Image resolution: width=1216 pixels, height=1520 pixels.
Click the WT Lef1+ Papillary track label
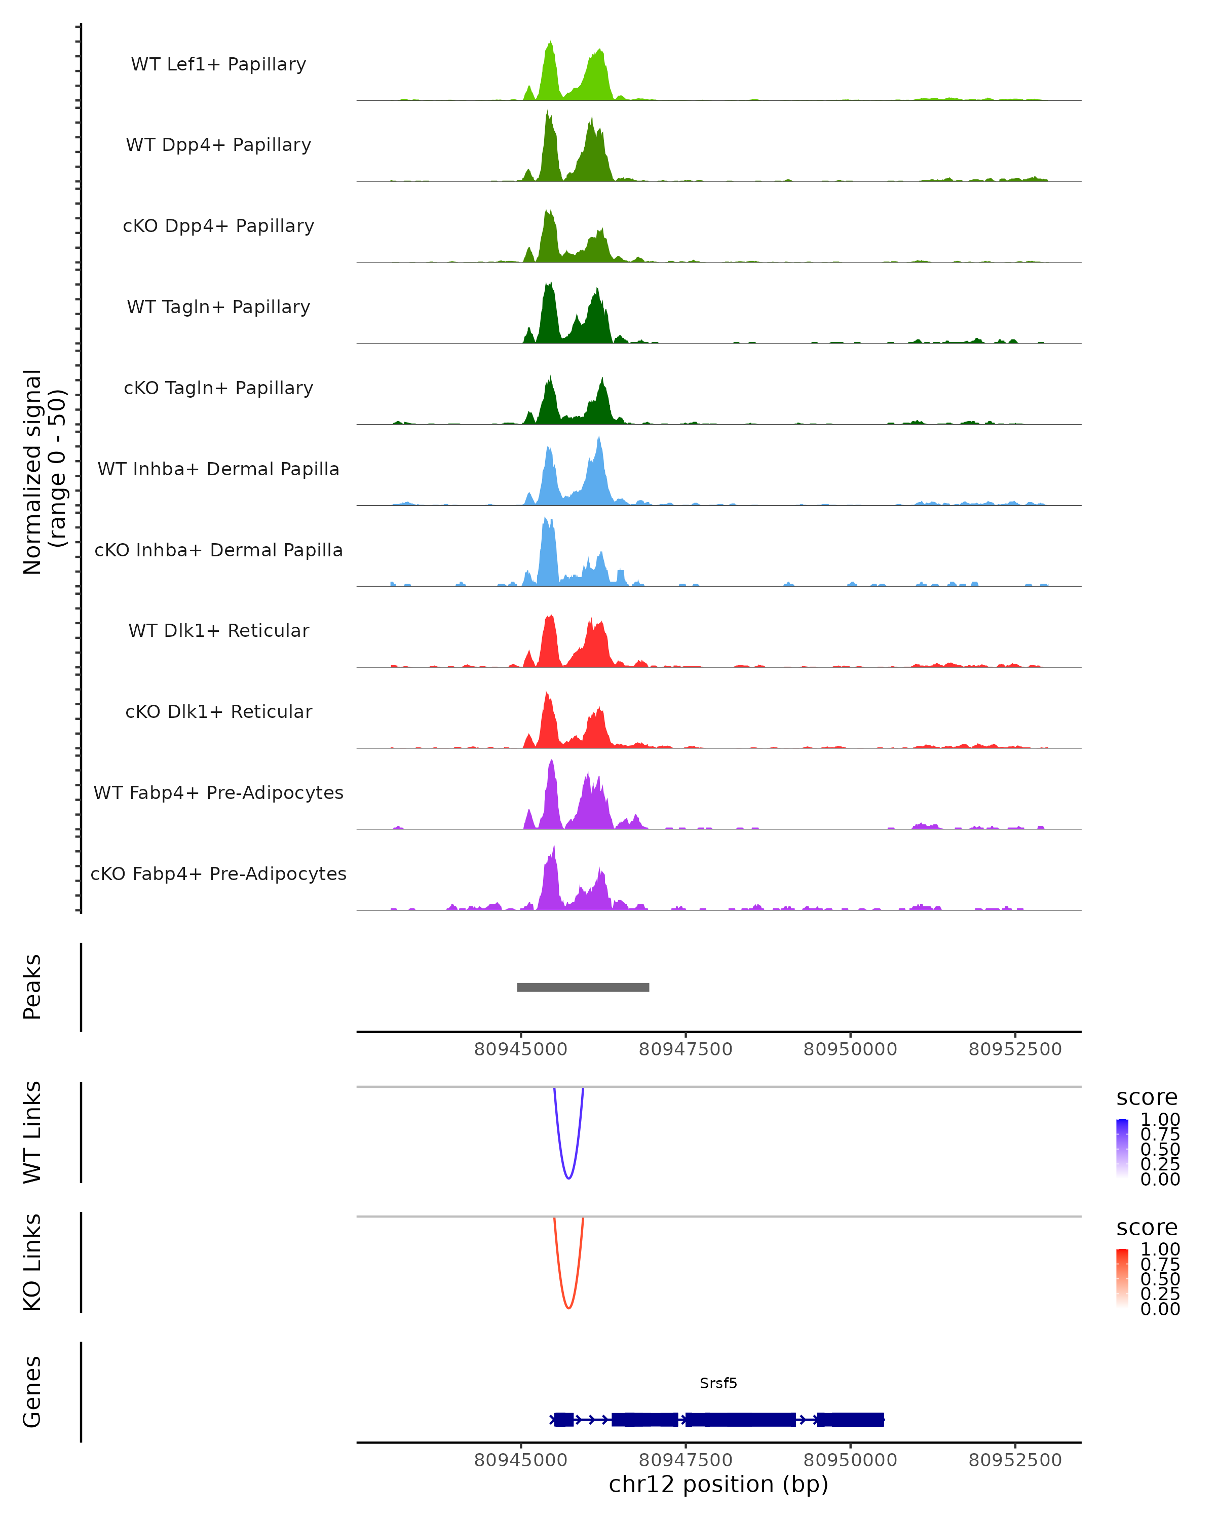218,64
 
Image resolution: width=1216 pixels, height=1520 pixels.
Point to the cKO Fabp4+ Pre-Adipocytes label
218,873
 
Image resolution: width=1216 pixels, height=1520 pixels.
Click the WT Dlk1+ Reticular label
218,630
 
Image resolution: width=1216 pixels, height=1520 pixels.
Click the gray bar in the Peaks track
583,987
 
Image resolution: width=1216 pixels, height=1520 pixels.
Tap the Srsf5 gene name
718,1383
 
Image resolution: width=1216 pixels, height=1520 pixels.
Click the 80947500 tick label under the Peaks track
685,1049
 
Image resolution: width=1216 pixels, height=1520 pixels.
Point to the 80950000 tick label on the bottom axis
850,1460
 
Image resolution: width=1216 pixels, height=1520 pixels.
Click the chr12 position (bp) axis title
718,1484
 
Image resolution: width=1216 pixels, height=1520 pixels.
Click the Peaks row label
32,986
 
